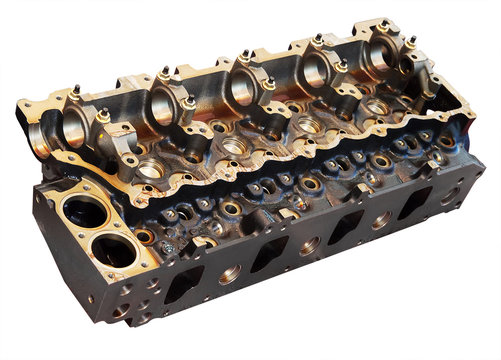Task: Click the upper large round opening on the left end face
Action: (80, 211)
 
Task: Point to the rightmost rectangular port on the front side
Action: (412, 203)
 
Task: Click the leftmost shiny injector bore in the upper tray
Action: (149, 171)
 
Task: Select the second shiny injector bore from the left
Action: (233, 147)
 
